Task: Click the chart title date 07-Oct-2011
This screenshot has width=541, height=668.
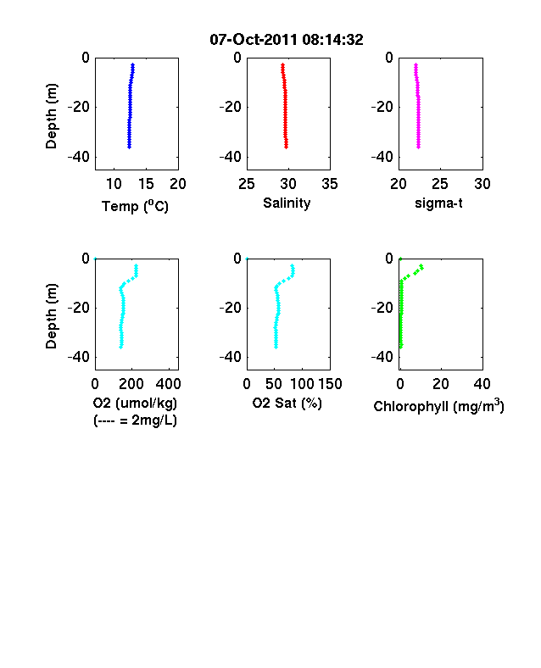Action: pyautogui.click(x=254, y=40)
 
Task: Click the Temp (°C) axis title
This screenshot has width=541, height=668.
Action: pyautogui.click(x=135, y=206)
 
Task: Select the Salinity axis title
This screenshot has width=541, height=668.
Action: pyautogui.click(x=287, y=203)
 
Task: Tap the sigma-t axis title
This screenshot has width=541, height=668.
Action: pyautogui.click(x=438, y=203)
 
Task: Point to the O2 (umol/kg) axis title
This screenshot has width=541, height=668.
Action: pyautogui.click(x=135, y=403)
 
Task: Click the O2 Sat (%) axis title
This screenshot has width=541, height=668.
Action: pyautogui.click(x=287, y=403)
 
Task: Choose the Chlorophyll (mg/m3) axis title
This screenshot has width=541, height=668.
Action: pyautogui.click(x=438, y=406)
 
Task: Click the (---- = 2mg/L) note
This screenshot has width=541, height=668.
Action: pyautogui.click(x=135, y=420)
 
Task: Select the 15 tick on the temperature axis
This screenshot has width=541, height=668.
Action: pyautogui.click(x=146, y=184)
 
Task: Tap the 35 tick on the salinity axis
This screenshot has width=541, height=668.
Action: pyautogui.click(x=330, y=184)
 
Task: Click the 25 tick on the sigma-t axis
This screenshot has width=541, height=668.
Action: pyautogui.click(x=440, y=184)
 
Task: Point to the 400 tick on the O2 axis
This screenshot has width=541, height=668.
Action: pyautogui.click(x=168, y=384)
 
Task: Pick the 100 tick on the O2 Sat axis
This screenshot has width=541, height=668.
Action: pyautogui.click(x=302, y=384)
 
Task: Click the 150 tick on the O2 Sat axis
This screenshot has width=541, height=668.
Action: pyautogui.click(x=330, y=384)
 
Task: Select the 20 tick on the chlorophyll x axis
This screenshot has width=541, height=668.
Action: pyautogui.click(x=441, y=384)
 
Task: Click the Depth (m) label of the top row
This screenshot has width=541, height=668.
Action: pyautogui.click(x=51, y=116)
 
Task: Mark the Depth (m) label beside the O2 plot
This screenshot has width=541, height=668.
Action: pyautogui.click(x=51, y=316)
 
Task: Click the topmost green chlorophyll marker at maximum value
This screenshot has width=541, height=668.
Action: pyautogui.click(x=421, y=266)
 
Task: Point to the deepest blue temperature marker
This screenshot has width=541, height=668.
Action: pyautogui.click(x=129, y=147)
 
